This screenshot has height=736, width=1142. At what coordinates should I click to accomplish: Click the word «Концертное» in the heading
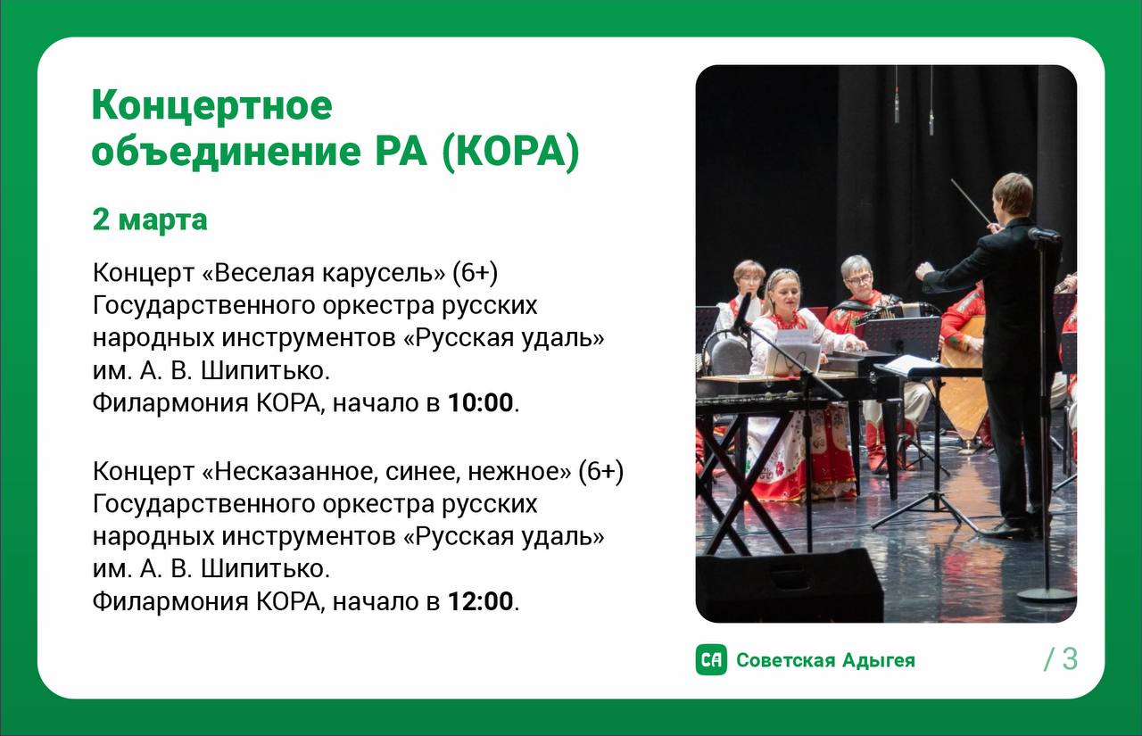(212, 105)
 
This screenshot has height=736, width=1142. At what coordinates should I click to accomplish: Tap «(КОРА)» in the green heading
(511, 151)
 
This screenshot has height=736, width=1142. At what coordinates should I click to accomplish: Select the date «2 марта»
(150, 220)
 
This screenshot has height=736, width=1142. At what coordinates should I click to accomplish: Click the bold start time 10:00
(480, 402)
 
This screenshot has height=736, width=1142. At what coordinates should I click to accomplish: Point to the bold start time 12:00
(480, 601)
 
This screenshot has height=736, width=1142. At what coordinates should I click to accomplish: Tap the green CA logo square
(711, 660)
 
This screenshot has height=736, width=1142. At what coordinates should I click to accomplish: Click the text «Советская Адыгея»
(826, 660)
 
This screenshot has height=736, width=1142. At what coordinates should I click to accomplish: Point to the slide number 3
(1070, 659)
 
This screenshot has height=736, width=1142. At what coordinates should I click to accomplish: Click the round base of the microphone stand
(1047, 595)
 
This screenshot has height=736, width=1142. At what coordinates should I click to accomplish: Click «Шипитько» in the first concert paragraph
(265, 370)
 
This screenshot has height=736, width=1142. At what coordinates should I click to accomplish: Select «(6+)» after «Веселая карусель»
(476, 273)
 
